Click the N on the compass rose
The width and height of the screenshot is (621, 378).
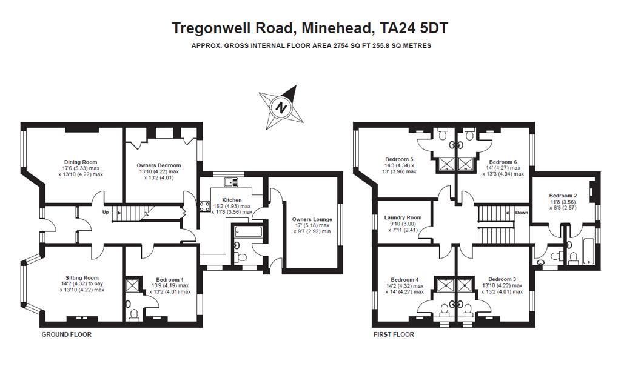click(x=281, y=107)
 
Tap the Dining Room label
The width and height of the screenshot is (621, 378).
click(x=81, y=162)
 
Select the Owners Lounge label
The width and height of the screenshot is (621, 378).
click(x=312, y=219)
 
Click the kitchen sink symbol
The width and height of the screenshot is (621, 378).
click(x=231, y=182)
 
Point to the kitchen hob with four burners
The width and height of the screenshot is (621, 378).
click(x=205, y=206)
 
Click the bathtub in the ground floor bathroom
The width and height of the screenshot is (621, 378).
click(x=248, y=231)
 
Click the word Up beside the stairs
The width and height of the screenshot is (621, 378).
click(x=106, y=213)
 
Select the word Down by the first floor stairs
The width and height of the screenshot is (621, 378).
click(x=522, y=213)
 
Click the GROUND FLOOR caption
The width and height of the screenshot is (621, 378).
click(x=67, y=334)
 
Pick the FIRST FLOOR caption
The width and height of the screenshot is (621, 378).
click(x=394, y=334)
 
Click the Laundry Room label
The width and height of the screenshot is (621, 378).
click(x=403, y=217)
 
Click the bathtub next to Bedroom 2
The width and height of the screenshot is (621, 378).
click(x=589, y=251)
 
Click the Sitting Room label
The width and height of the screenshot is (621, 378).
click(x=82, y=277)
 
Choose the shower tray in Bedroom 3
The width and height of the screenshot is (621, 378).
click(x=465, y=285)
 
